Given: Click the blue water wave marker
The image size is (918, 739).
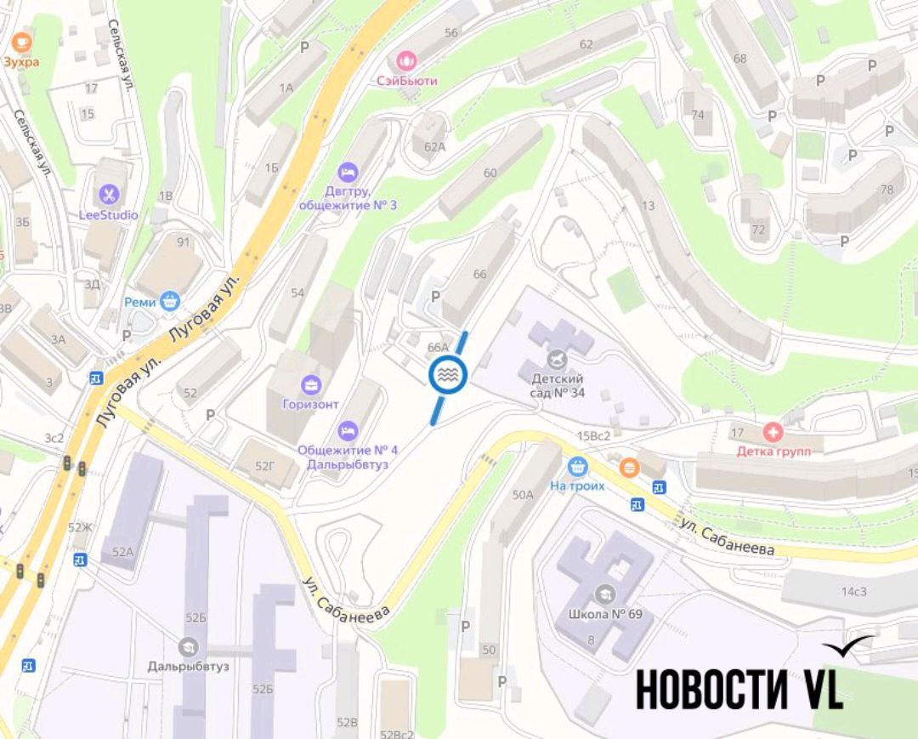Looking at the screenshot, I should point(448,375).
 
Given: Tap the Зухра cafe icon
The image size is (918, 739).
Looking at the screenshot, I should point(21,40).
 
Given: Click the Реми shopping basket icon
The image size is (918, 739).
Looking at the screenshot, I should point(171,301).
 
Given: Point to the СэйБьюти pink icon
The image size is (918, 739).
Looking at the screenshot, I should point(407,60).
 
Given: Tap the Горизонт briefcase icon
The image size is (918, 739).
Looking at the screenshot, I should point(310,384).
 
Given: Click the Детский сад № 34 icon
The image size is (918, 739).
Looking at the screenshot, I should point(558,357).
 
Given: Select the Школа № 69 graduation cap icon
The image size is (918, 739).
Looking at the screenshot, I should point(604,594).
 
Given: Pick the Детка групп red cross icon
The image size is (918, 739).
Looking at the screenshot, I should point(773,430).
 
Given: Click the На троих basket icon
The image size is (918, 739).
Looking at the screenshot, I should point(578,466).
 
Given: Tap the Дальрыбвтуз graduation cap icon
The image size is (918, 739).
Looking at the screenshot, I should point(188,646).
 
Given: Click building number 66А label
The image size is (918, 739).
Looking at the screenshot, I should point(438,347).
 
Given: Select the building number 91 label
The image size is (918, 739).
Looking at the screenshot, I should point(183,242).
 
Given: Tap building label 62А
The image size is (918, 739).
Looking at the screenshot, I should point(434,146).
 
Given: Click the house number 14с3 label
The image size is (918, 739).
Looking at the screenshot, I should point(853,591).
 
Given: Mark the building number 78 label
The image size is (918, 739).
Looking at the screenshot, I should point(887,189).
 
